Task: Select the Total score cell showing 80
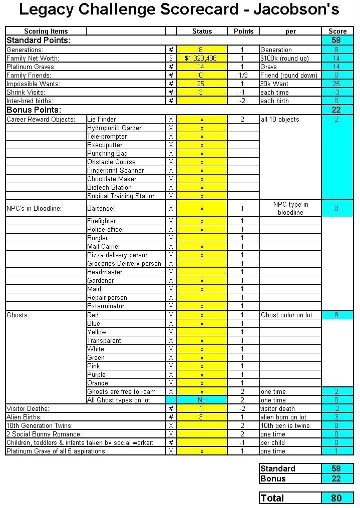pos(336,498)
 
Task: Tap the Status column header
pos(202,32)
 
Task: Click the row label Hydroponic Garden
pos(115,128)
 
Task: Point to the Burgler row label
pos(98,238)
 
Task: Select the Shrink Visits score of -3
pos(336,93)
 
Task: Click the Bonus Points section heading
pos(34,110)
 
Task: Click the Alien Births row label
pos(24,417)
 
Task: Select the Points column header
pos(243,32)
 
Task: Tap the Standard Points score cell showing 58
pos(336,40)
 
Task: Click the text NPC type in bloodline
pos(290,208)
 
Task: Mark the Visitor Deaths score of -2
pos(336,409)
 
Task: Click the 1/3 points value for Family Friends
pos(243,76)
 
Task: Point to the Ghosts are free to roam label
pos(121,392)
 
